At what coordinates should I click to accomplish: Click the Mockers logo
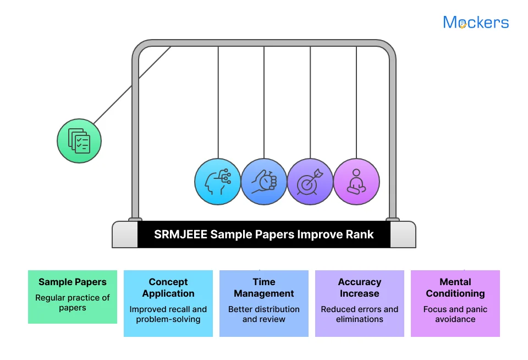pos(476,22)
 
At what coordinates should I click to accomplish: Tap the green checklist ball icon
pos(79,141)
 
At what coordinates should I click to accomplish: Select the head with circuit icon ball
pos(218,182)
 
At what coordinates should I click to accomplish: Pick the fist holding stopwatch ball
pos(264,182)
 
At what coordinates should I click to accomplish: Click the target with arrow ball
pos(310,182)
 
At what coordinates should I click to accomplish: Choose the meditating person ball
pos(356,182)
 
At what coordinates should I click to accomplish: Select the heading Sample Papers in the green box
pos(73,282)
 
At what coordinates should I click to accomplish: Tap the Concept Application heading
pos(168,288)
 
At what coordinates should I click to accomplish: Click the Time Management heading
pos(264,288)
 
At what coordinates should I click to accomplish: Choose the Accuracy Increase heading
pos(360,288)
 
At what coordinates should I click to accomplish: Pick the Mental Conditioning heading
pos(455,288)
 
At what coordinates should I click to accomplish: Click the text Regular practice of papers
pos(73,303)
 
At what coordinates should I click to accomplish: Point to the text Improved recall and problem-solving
pos(168,314)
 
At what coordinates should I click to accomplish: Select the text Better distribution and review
pos(264,314)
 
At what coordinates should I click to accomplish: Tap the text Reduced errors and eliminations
pos(360,314)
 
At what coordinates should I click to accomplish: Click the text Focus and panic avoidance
pos(455,314)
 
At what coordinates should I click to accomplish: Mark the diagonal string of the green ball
pos(132,85)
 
